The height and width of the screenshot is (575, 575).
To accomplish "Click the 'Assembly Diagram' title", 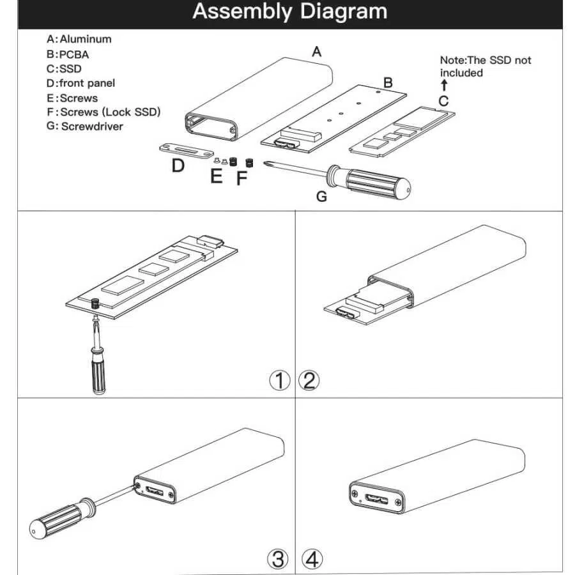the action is point(289,11).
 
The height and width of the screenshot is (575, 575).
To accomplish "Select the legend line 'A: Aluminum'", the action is point(79,39).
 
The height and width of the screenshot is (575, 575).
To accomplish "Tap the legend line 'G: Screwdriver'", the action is point(85,126).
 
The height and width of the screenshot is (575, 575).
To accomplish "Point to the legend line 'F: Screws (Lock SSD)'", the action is point(103,112).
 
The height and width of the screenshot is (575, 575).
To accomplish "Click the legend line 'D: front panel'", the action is point(80,83).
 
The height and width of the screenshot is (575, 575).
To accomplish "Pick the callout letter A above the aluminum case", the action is point(316,52).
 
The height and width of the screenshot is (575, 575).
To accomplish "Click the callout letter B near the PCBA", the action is point(388,82).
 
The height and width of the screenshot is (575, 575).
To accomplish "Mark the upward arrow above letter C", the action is point(445,85).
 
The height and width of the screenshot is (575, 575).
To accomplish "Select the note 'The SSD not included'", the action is point(486,66).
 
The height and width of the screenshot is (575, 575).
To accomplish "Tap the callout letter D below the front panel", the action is point(178,165).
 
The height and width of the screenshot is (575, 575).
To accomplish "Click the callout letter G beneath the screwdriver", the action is point(321,197).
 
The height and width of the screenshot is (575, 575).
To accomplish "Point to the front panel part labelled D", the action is point(187,151).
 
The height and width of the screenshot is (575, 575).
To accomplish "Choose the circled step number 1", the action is point(280,380).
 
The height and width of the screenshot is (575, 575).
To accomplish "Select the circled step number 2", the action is point(309,380).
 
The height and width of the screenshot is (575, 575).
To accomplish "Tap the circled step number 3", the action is point(278,559).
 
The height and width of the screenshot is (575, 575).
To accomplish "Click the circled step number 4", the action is point(312,559).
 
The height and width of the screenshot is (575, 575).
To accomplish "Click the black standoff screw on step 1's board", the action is point(96,303).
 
